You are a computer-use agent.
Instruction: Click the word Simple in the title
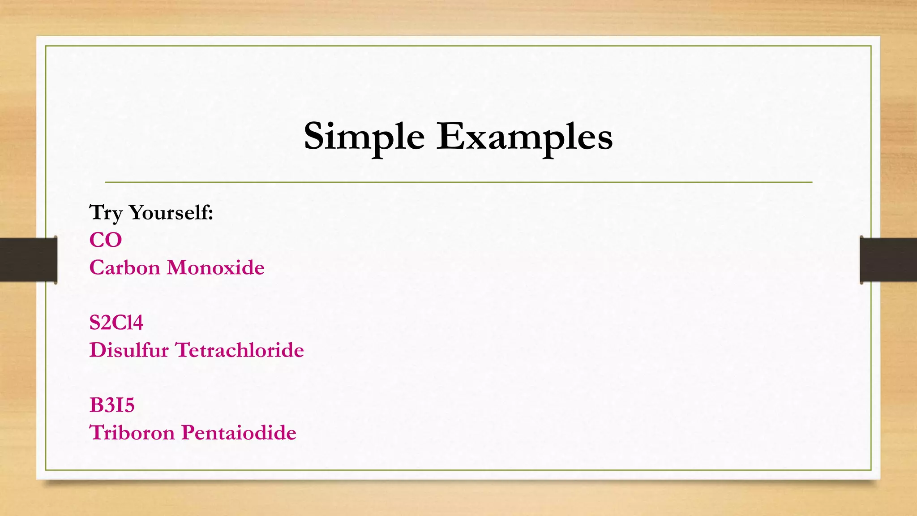coord(364,137)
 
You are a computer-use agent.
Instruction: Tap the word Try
coord(106,213)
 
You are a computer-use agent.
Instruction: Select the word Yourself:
coord(171,213)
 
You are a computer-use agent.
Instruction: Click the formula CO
coord(106,240)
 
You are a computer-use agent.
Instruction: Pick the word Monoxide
coord(215,268)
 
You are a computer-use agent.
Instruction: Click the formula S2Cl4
coord(116,323)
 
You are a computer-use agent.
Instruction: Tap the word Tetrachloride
coord(240,350)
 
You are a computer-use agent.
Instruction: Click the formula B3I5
coord(112,405)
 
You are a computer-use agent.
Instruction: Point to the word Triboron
coord(132,433)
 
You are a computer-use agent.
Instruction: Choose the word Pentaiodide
coord(239,433)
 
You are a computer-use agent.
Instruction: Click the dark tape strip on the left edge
coord(28,260)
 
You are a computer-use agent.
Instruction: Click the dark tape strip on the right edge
coord(888,260)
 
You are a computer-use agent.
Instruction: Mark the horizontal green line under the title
coord(458,182)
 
